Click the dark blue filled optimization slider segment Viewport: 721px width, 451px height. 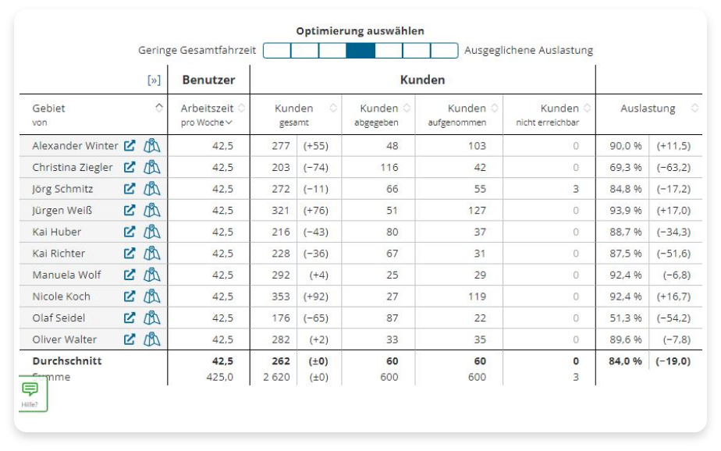(360, 50)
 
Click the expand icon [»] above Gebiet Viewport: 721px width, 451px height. (154, 80)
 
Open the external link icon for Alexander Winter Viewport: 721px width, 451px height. (130, 146)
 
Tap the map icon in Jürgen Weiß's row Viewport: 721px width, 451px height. (151, 210)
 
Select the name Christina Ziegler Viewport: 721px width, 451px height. (73, 167)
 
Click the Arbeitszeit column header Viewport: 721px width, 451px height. (207, 108)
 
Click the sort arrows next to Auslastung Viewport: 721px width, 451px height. (694, 108)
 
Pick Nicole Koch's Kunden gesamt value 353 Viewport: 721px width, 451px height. (280, 297)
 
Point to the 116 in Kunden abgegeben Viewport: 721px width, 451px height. (389, 167)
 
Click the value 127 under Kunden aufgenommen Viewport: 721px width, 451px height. (477, 210)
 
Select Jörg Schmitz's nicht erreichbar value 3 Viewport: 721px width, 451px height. (576, 189)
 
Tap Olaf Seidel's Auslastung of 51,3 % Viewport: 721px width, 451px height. (625, 318)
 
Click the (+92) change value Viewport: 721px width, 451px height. (315, 297)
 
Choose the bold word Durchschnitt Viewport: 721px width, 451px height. (67, 361)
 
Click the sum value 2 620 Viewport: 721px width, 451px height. (276, 377)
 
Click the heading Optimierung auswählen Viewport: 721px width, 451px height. (360, 30)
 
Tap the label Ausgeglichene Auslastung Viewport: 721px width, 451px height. (529, 50)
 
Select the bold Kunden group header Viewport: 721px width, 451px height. (423, 80)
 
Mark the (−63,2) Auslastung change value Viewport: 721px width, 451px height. (673, 167)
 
